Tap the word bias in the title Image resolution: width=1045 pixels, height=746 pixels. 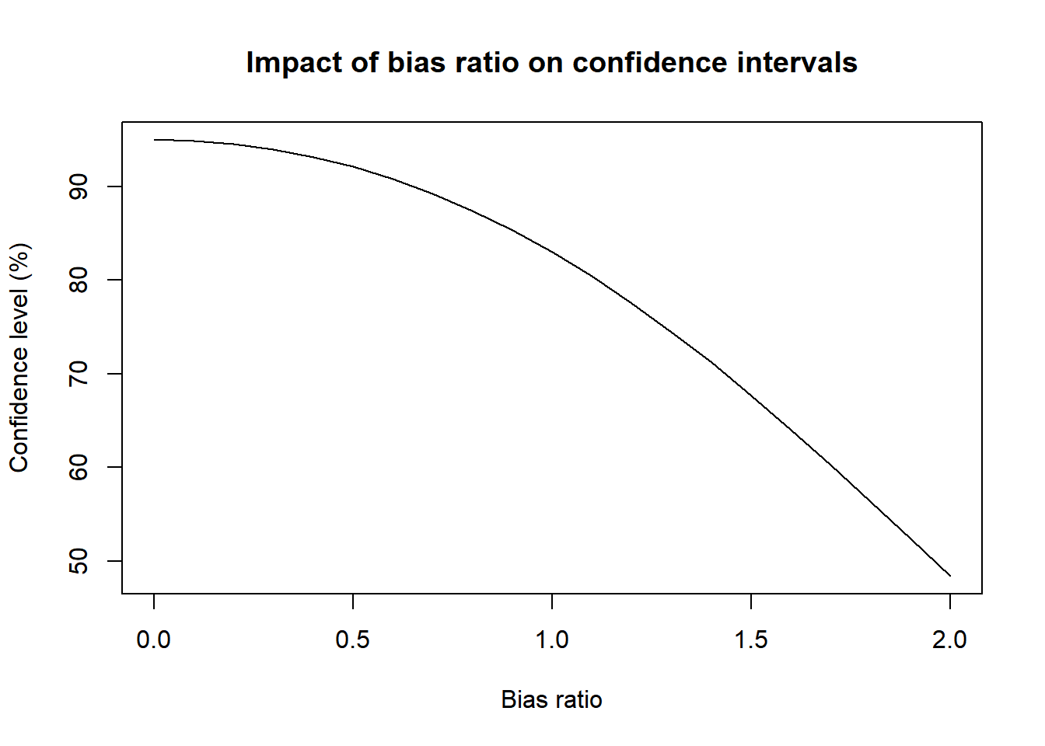pyautogui.click(x=414, y=63)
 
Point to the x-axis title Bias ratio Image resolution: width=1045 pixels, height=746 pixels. pyautogui.click(x=551, y=699)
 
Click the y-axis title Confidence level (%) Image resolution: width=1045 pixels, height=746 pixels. pyautogui.click(x=19, y=357)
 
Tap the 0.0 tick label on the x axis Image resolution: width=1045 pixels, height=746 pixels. pyautogui.click(x=154, y=640)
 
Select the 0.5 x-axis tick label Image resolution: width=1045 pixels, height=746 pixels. pyautogui.click(x=353, y=640)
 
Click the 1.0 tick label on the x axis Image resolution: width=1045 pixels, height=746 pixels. pyautogui.click(x=552, y=640)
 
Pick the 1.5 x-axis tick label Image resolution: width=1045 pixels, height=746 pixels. pyautogui.click(x=751, y=640)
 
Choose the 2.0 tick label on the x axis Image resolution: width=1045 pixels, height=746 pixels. pyautogui.click(x=950, y=640)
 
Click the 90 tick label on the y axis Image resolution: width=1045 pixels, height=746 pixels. pyautogui.click(x=79, y=186)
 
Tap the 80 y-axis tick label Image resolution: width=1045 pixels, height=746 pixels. pyautogui.click(x=79, y=280)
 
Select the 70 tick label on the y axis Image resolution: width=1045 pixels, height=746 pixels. pyautogui.click(x=79, y=374)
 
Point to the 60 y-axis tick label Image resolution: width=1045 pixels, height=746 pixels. pyautogui.click(x=79, y=467)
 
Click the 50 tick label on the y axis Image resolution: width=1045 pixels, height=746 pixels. pyautogui.click(x=79, y=561)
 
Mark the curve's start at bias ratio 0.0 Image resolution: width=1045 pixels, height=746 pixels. pyautogui.click(x=154, y=140)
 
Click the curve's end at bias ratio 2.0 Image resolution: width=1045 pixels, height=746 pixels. pyautogui.click(x=950, y=576)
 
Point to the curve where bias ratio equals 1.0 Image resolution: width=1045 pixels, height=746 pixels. pyautogui.click(x=552, y=251)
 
